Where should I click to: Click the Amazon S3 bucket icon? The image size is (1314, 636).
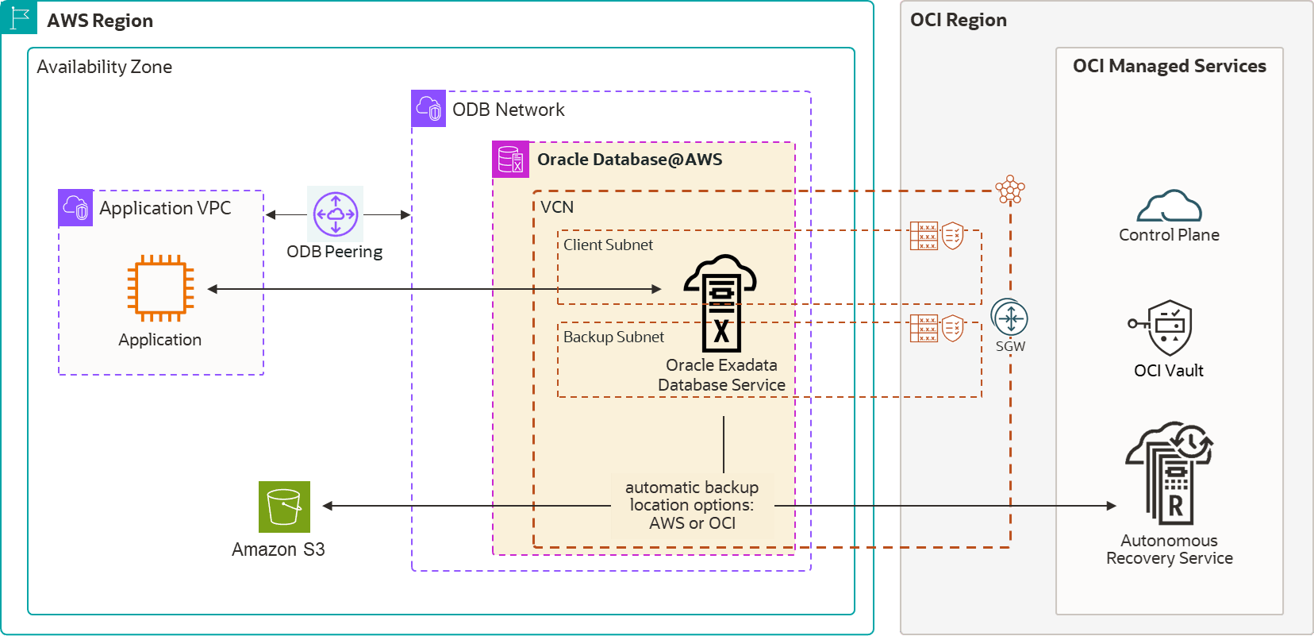click(x=284, y=507)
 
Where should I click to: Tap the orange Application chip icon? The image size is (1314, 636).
click(x=161, y=288)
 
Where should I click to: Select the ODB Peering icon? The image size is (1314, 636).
click(x=335, y=214)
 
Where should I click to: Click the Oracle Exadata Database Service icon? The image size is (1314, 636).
click(x=720, y=303)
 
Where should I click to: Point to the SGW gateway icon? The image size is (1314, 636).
click(x=1009, y=319)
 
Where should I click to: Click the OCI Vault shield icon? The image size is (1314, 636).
click(x=1168, y=327)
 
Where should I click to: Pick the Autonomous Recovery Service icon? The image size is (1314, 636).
click(x=1170, y=473)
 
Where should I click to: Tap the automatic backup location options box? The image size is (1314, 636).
click(x=692, y=506)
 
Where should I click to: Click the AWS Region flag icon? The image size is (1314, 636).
click(x=19, y=17)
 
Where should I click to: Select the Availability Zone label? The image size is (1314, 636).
click(x=105, y=67)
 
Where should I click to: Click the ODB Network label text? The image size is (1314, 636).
click(x=508, y=110)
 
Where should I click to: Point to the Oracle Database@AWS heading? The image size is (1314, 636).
click(x=629, y=160)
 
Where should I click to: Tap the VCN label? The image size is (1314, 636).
click(x=557, y=207)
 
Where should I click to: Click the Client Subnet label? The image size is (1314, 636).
click(x=608, y=245)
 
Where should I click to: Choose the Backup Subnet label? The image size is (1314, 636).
click(x=613, y=337)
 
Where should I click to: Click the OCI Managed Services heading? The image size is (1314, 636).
click(x=1169, y=66)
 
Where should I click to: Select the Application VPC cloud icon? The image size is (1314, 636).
click(x=76, y=208)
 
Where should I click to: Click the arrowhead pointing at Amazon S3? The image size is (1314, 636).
click(x=327, y=506)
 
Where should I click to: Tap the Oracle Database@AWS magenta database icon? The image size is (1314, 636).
click(x=510, y=160)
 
